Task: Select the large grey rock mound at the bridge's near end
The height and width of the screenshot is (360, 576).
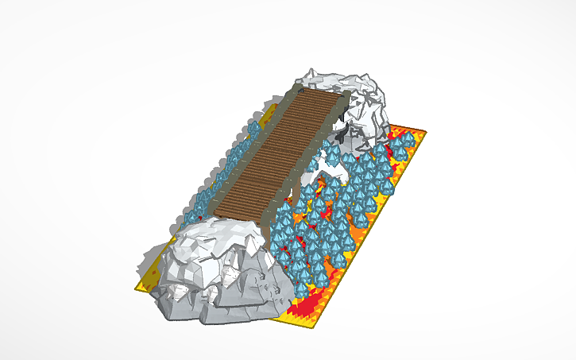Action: (215, 270)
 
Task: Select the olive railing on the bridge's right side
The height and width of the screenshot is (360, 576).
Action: (318, 151)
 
